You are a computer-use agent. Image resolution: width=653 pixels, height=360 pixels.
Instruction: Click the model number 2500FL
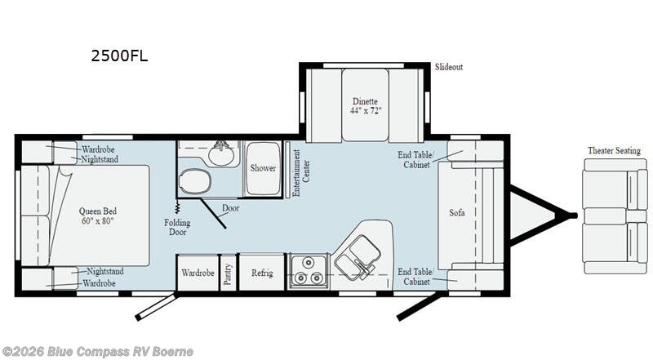point(119,56)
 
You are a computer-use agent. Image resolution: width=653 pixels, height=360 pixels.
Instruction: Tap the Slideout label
point(448,67)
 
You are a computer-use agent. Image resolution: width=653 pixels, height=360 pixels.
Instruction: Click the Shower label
point(263,168)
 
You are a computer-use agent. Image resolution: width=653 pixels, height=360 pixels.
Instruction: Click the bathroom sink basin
point(220,153)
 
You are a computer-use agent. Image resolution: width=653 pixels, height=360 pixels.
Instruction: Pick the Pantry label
point(228,272)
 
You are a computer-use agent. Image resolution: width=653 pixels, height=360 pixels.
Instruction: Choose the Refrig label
point(261,273)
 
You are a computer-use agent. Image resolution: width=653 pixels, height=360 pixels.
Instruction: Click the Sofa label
point(457,213)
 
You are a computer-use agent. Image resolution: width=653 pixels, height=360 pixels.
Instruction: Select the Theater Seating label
point(614,150)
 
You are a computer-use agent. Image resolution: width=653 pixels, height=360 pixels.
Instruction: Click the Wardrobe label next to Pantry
point(198,273)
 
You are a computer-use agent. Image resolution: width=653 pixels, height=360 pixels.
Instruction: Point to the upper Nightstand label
point(100,160)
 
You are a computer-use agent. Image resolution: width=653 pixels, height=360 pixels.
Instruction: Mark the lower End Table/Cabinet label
point(415,277)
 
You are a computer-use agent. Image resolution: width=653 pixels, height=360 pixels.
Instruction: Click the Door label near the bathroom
point(231,207)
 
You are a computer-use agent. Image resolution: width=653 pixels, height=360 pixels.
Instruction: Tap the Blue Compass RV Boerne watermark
point(97,351)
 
